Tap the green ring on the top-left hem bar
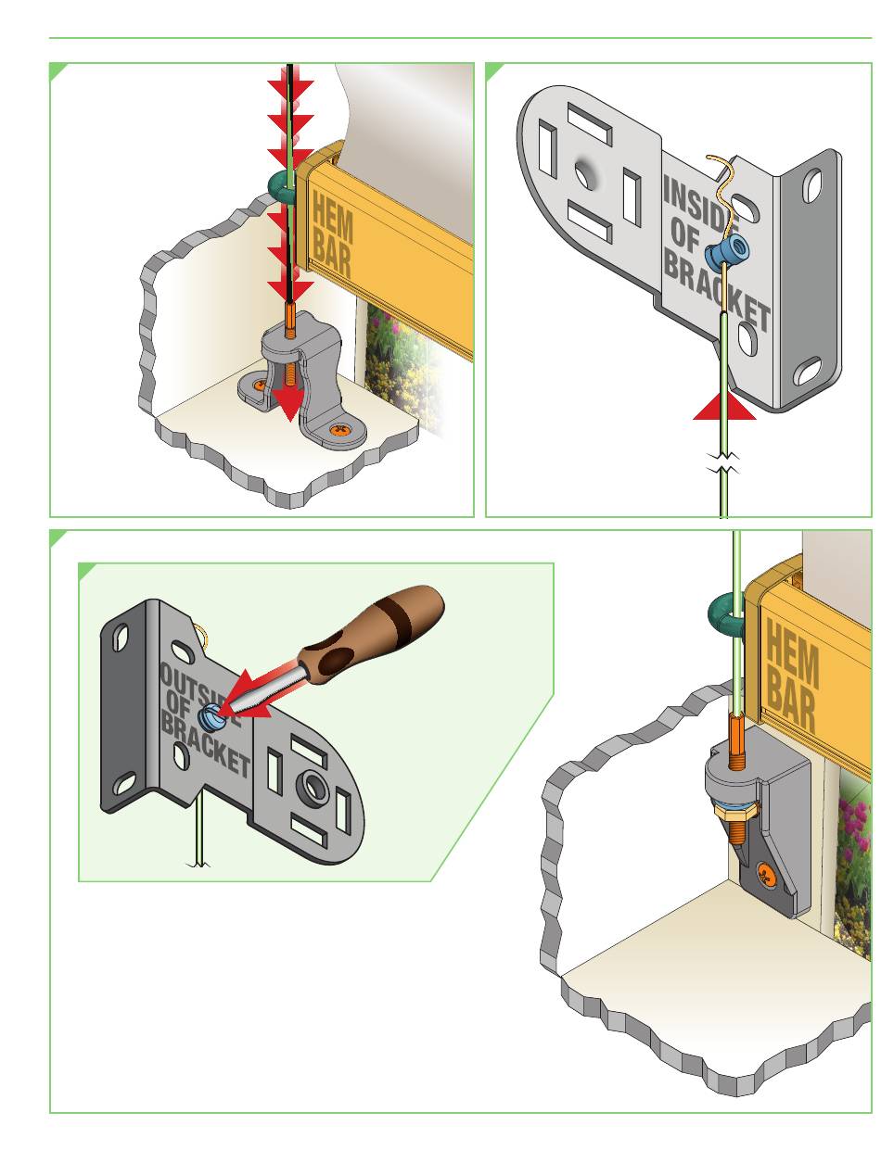pyautogui.click(x=279, y=185)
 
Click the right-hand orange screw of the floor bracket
pyautogui.click(x=342, y=429)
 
